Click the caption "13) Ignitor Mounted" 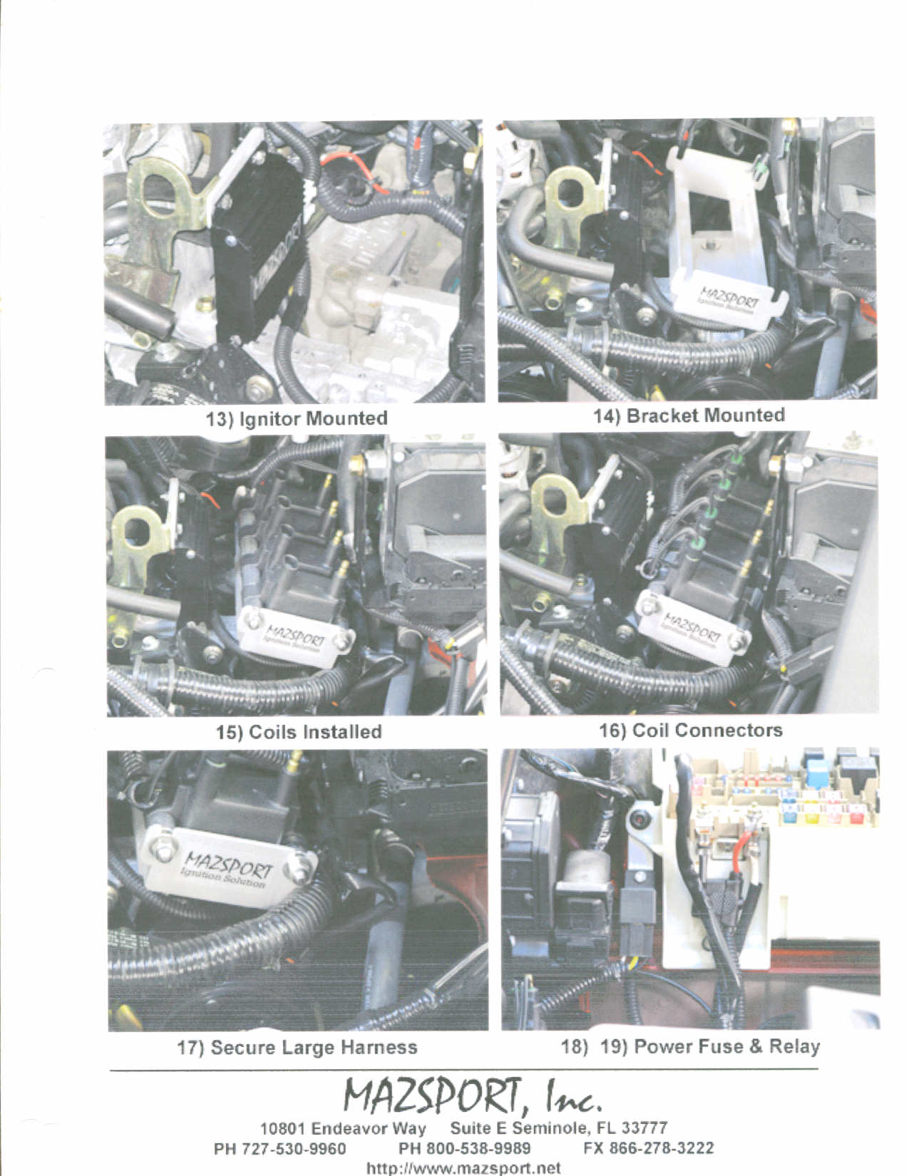click(297, 419)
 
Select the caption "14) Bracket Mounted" click(689, 416)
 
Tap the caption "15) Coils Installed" click(299, 732)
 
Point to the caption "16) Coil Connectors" click(690, 730)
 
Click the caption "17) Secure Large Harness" click(297, 1047)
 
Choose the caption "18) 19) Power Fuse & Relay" click(690, 1046)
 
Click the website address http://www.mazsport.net click(463, 1168)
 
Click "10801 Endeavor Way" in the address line click(343, 1129)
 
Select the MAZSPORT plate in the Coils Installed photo click(296, 636)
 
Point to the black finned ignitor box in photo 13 click(259, 254)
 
